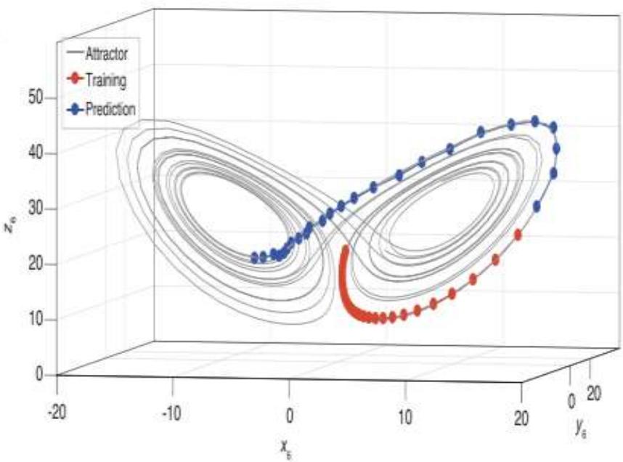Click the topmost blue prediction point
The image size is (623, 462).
pyautogui.click(x=535, y=121)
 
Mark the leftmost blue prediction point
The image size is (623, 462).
pyautogui.click(x=254, y=257)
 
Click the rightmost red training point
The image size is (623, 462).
pyautogui.click(x=518, y=235)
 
